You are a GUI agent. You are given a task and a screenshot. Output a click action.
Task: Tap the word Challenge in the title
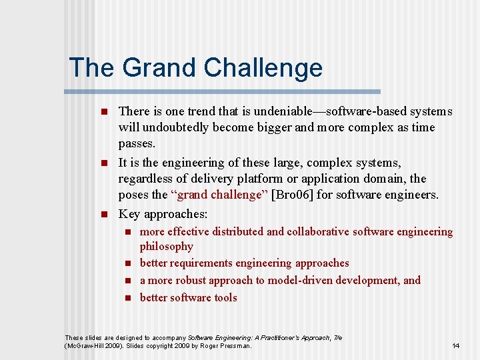(263, 68)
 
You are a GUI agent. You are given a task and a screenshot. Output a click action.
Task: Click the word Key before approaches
(129, 214)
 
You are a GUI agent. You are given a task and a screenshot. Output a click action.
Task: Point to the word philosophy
(167, 247)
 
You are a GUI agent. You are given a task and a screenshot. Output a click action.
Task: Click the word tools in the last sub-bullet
(224, 298)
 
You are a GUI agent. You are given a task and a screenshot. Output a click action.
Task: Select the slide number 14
(456, 346)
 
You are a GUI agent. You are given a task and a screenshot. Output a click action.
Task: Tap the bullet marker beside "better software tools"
(129, 298)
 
